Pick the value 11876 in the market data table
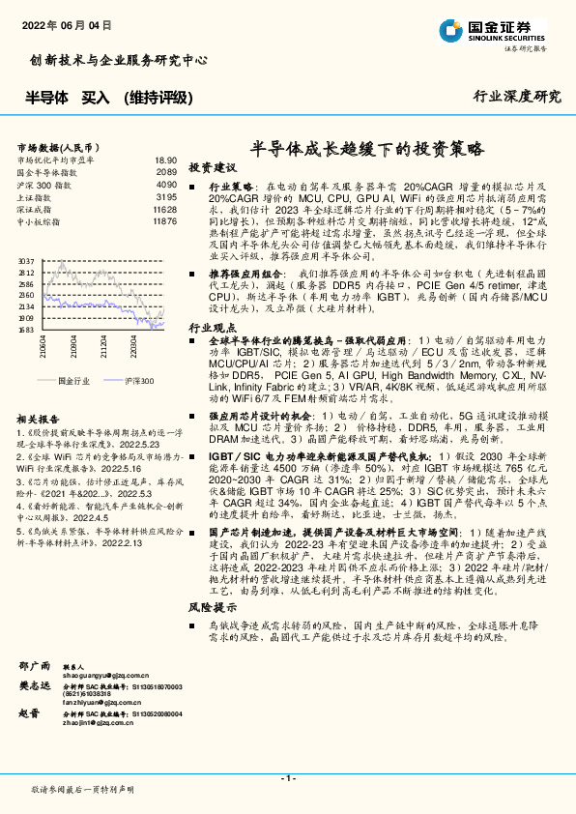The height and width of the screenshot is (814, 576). pos(164,220)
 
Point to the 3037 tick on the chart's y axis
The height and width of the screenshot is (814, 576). pos(26,261)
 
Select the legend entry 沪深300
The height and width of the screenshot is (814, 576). pos(136,382)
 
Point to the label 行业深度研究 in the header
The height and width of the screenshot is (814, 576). pos(517,96)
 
